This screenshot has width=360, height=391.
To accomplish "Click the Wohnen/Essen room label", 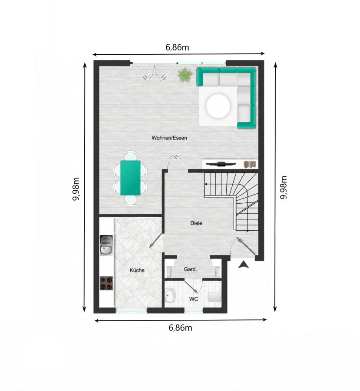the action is pyautogui.click(x=169, y=138).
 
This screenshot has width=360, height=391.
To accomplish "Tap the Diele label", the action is pyautogui.click(x=196, y=223).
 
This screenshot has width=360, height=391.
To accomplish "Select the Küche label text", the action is pyautogui.click(x=137, y=270).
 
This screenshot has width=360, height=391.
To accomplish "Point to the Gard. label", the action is pyautogui.click(x=191, y=269).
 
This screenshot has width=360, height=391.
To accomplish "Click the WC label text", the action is pyautogui.click(x=194, y=299).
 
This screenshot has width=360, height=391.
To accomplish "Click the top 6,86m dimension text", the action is pyautogui.click(x=177, y=47).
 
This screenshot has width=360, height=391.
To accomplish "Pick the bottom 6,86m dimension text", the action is pyautogui.click(x=181, y=328).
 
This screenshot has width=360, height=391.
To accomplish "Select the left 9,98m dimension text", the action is pyautogui.click(x=76, y=189).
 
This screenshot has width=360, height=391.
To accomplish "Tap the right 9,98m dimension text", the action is pyautogui.click(x=284, y=187).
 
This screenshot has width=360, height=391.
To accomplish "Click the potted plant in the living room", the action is pyautogui.click(x=185, y=75).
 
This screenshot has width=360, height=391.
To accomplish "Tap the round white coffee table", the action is pyautogui.click(x=218, y=106).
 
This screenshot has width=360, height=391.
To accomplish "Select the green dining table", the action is pyautogui.click(x=130, y=178).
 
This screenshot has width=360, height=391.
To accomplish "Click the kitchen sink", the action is pyautogui.click(x=106, y=245).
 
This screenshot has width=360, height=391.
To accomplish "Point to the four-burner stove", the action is pyautogui.click(x=106, y=283).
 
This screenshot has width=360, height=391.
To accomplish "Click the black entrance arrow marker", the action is pyautogui.click(x=243, y=265).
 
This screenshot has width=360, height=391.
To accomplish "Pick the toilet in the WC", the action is pyautogui.click(x=215, y=297).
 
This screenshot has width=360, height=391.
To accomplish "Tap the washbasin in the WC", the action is pyautogui.click(x=171, y=295).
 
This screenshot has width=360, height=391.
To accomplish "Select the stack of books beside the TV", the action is pyautogui.click(x=250, y=164).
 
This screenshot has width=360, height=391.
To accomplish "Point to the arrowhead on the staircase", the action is pyautogui.click(x=206, y=184).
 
